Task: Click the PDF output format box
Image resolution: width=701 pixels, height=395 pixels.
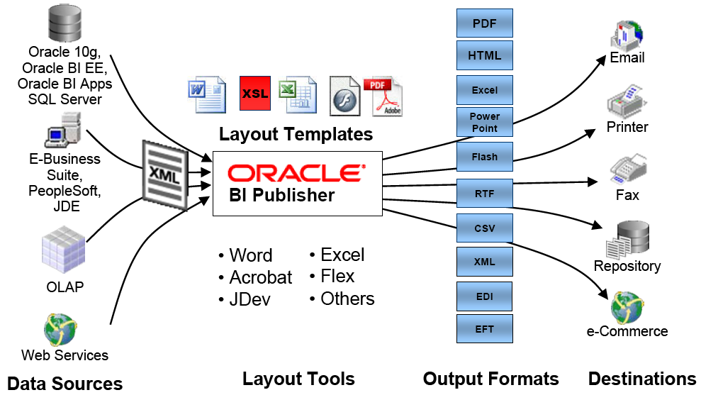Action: coord(485,23)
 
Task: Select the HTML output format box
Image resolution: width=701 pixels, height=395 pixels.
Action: coord(485,55)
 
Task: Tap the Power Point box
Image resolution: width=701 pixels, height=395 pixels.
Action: coord(485,122)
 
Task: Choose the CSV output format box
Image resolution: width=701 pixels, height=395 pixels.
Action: coord(485,228)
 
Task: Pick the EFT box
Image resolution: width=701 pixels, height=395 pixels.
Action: coord(485,329)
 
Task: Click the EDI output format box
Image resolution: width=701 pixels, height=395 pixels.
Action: coord(485,296)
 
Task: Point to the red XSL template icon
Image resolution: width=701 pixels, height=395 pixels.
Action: coord(255,93)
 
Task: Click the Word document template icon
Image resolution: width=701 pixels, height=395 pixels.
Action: coord(207,94)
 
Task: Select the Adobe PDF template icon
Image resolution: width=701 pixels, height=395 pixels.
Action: coord(383,97)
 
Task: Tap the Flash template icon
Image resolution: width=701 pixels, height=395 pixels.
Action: coord(344,96)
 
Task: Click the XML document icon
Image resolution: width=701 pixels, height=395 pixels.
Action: coord(165,175)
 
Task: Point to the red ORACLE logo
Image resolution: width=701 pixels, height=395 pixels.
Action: coord(297,173)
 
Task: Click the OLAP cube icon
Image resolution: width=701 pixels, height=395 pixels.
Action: coord(64,250)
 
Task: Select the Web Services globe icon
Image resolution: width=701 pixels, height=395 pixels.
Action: coord(60,330)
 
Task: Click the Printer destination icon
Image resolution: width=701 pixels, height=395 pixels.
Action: coord(627,101)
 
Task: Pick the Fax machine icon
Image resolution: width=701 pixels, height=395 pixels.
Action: coord(628,169)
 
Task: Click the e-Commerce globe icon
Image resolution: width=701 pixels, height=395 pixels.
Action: coord(627,308)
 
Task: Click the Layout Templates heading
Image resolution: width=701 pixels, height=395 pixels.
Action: coord(296,134)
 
